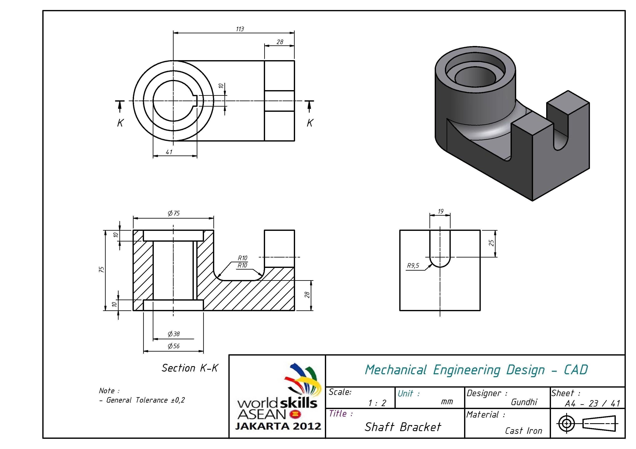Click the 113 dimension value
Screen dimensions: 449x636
point(240,29)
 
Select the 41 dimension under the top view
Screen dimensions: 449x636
point(169,152)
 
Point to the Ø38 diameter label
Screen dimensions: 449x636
point(174,334)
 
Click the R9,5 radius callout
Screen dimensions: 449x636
point(413,266)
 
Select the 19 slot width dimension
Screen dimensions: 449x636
point(441,211)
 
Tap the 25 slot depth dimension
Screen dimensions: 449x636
point(491,243)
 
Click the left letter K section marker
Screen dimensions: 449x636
point(120,123)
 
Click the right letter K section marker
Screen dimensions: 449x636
point(310,123)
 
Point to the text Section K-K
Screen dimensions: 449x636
point(190,368)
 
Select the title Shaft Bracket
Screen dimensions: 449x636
point(402,427)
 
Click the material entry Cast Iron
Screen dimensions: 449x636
point(523,431)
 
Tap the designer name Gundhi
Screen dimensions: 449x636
point(524,402)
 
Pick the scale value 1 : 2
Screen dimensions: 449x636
point(377,403)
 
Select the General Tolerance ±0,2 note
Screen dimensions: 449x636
point(145,400)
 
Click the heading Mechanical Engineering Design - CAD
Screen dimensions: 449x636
point(476,370)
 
